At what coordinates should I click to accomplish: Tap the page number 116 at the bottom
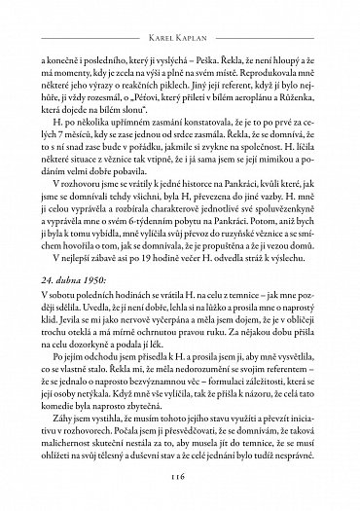point(181,477)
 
